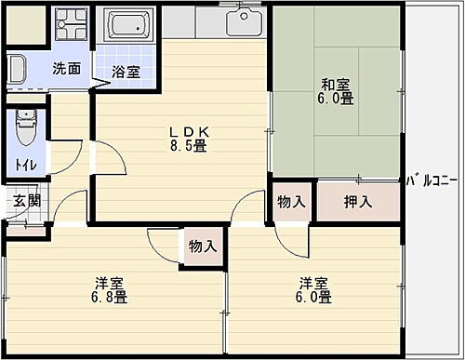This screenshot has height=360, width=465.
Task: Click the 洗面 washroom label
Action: [65, 68]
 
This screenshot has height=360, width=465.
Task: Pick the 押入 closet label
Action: [358, 202]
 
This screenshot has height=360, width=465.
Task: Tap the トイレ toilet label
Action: [25, 167]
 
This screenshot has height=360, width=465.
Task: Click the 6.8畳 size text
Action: [110, 298]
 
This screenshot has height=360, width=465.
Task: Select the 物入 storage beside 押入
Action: [291, 202]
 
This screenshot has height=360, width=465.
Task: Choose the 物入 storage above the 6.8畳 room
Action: [202, 247]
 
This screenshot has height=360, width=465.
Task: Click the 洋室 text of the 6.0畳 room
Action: [313, 283]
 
